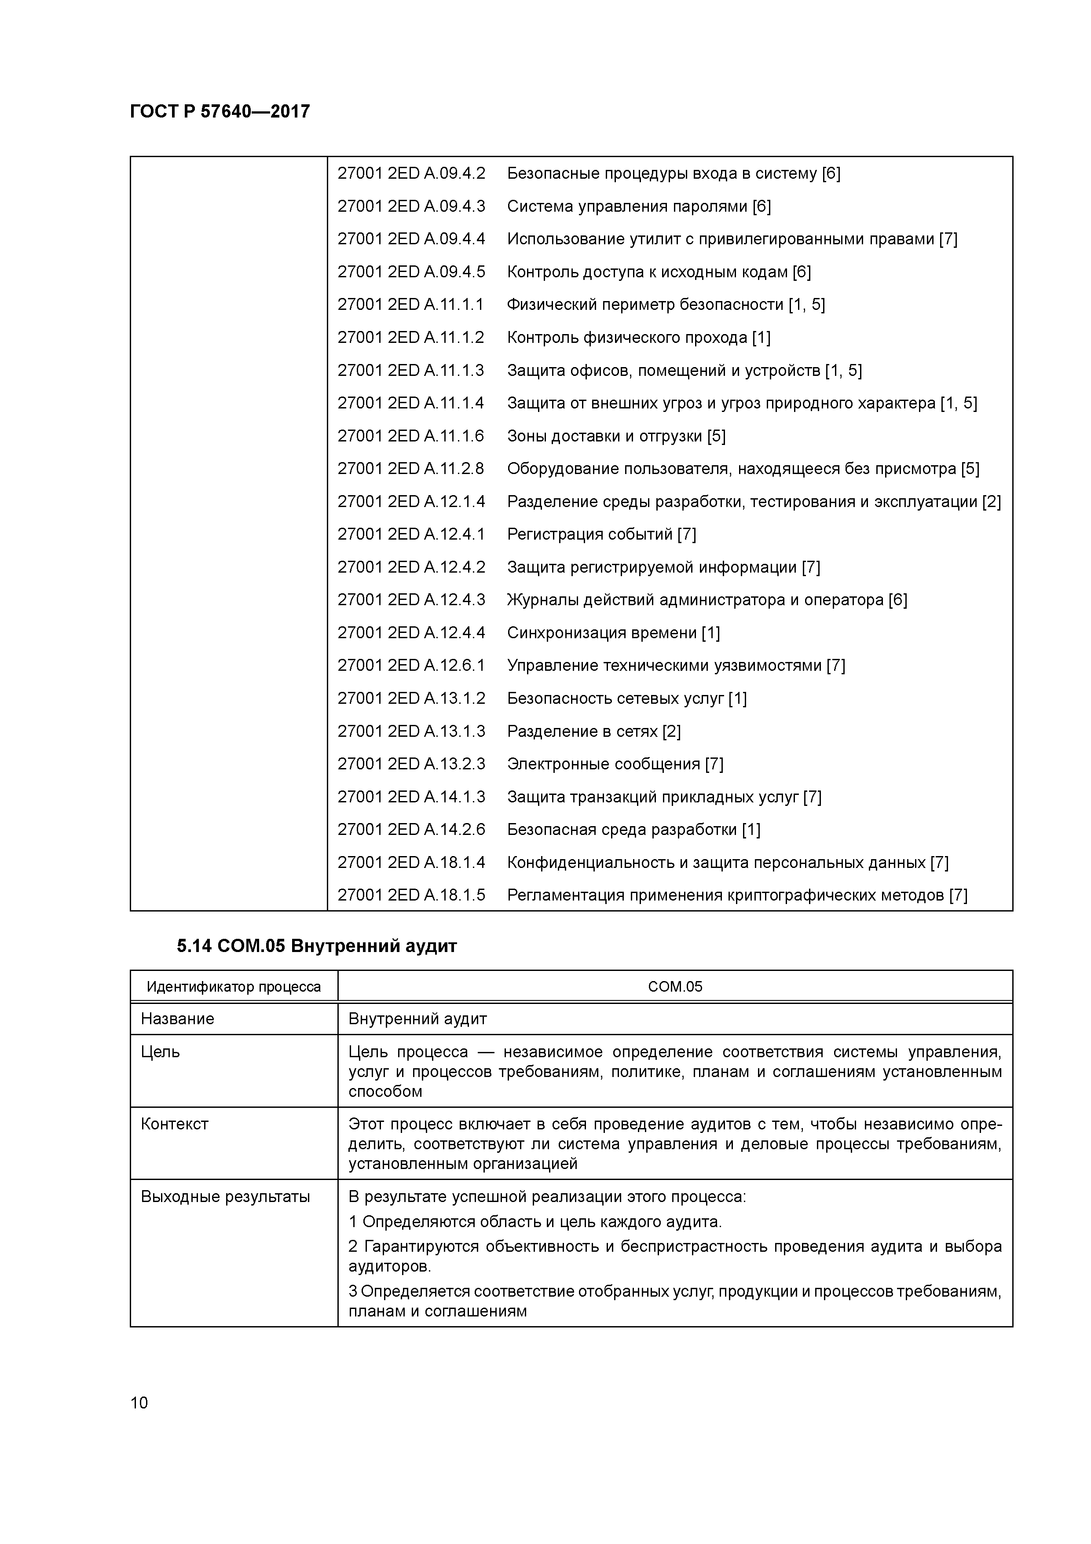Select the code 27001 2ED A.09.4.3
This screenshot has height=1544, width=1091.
[411, 206]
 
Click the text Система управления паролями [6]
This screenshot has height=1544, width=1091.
[639, 206]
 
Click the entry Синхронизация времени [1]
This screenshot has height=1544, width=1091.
[613, 633]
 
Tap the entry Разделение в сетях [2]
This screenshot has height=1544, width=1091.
[593, 731]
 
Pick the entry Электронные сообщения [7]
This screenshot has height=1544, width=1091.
[615, 764]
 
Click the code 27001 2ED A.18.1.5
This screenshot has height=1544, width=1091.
[411, 895]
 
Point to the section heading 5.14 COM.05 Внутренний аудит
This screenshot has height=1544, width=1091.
[317, 946]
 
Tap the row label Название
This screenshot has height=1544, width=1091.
[177, 1019]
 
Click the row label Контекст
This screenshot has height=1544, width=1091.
[175, 1124]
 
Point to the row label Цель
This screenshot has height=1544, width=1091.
[161, 1052]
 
